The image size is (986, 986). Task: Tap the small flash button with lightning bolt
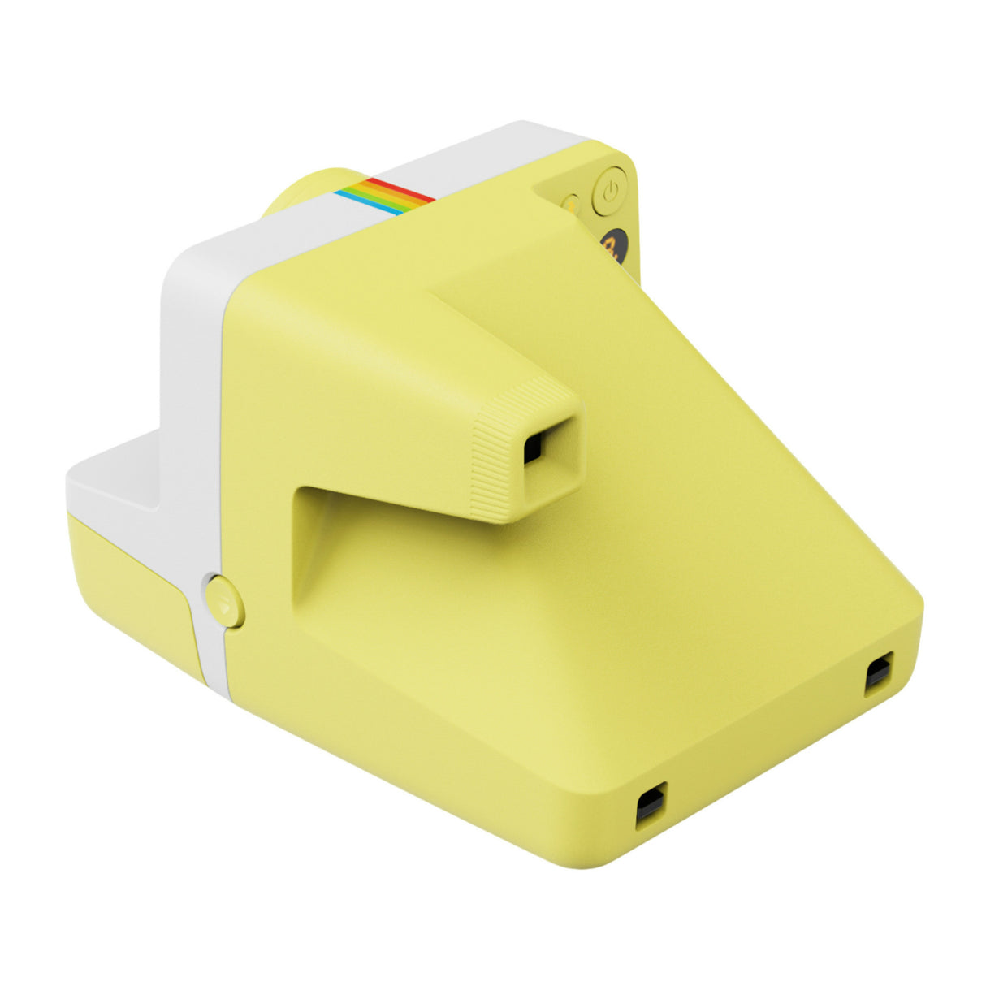[x=571, y=204]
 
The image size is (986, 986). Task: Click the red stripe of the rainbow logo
[x=400, y=190]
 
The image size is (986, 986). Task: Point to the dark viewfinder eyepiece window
[x=533, y=446]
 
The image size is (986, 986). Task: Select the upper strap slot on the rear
[x=878, y=674]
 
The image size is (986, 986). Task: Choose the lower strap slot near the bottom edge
[x=650, y=806]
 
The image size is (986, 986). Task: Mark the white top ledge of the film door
[x=114, y=479]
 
